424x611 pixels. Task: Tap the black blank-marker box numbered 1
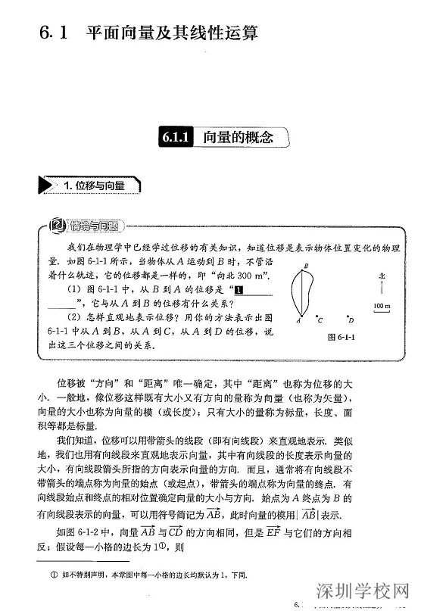[238, 289]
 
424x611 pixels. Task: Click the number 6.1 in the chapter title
[55, 33]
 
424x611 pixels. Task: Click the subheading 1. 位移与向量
[94, 185]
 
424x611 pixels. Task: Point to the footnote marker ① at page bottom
[54, 575]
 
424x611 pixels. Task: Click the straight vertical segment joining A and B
[303, 294]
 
